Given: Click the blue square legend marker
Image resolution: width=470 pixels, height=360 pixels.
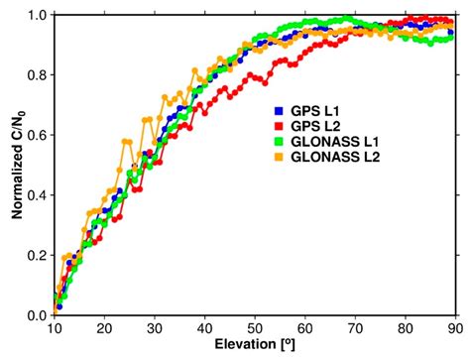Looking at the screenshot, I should pos(279,111).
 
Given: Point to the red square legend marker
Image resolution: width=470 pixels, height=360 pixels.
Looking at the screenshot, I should pos(279,126).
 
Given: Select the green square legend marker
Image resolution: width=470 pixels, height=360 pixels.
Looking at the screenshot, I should pos(279,141).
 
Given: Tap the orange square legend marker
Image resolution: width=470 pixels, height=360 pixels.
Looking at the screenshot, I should pos(279,156).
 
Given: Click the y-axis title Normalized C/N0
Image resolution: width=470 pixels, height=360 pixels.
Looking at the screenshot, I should pos(15,165).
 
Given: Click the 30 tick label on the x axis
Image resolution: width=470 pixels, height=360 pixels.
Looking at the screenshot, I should pos(154,328).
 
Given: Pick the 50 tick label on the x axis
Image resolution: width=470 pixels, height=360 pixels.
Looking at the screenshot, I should pos(255,328).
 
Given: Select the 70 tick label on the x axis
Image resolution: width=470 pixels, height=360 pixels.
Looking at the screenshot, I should pos(355,328).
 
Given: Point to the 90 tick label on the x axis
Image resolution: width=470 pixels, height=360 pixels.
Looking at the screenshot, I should pos(455,328).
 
